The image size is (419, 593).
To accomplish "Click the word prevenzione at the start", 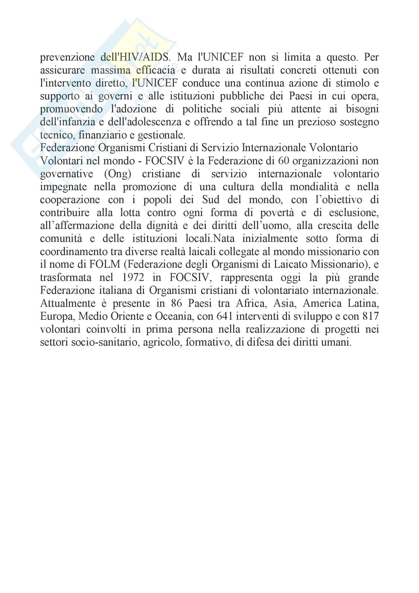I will point(67,57).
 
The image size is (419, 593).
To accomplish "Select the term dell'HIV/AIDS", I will point(135,57).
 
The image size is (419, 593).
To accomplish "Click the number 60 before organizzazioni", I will point(283,161).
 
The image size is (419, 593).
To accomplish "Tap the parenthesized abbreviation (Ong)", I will point(118,174).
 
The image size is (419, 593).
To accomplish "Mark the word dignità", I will point(162,226).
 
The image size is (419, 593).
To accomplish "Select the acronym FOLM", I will point(105,264).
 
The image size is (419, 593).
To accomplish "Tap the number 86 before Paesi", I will point(176,303).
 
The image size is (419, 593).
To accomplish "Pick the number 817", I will point(371,316).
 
